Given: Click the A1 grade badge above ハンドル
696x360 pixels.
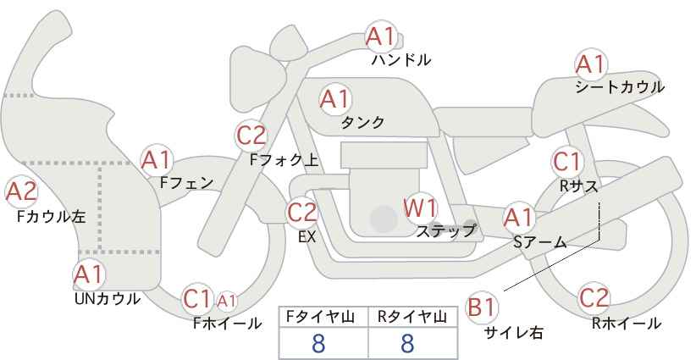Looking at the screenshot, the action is click(x=381, y=36).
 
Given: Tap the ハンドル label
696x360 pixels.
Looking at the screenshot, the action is click(x=400, y=60).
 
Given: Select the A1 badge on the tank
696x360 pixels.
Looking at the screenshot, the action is click(x=335, y=99).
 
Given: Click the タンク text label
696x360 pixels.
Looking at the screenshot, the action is click(x=362, y=123).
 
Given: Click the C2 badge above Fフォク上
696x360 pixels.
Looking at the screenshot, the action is click(x=251, y=136).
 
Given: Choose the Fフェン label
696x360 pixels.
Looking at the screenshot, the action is click(x=186, y=183).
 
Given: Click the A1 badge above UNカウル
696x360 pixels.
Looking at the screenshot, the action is click(x=89, y=275).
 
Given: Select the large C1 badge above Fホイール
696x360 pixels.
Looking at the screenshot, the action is click(x=197, y=299).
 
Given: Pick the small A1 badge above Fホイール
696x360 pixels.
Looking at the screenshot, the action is click(x=226, y=301).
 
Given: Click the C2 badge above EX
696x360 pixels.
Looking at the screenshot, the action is click(x=302, y=213).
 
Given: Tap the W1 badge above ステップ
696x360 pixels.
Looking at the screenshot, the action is click(x=420, y=208).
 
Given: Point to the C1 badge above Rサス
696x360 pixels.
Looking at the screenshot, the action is click(x=566, y=162).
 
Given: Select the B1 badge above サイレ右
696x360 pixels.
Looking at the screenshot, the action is click(x=482, y=307).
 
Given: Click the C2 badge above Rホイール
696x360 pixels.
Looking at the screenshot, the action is click(x=594, y=298).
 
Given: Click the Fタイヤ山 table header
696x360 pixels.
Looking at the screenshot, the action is click(x=323, y=317).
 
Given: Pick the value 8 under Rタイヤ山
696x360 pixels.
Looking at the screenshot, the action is click(x=407, y=344).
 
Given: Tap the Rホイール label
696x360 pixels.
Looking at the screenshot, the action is click(x=627, y=324).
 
